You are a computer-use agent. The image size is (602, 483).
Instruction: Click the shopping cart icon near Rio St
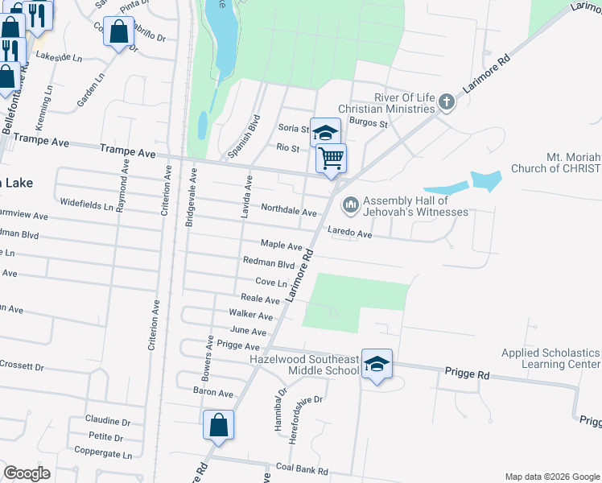click(331, 158)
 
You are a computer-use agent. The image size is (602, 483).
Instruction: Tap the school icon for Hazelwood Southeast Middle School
click(376, 364)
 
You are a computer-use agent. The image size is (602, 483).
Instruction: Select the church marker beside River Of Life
click(447, 102)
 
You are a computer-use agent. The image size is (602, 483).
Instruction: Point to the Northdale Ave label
click(289, 211)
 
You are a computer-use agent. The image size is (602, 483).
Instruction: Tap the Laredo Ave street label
click(349, 234)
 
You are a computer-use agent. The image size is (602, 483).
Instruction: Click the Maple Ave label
click(281, 244)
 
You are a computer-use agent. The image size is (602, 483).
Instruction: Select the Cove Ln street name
click(271, 283)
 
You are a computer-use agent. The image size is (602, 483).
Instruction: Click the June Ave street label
click(248, 331)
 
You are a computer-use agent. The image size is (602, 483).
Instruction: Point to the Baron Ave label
click(212, 393)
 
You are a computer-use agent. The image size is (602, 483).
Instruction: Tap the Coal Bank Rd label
click(302, 471)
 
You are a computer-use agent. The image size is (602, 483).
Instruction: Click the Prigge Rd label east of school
click(467, 375)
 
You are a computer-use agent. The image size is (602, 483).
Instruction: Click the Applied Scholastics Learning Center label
click(550, 358)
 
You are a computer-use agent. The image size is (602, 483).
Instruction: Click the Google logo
click(27, 473)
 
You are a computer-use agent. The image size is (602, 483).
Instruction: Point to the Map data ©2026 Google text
click(551, 477)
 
